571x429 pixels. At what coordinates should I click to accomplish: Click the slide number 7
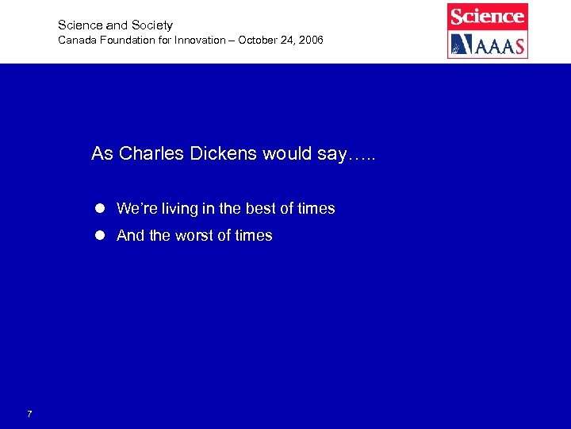point(29,414)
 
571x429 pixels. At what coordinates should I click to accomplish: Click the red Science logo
point(487,16)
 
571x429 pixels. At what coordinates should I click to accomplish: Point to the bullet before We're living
point(100,209)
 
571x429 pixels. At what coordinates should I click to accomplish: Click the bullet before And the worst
point(100,236)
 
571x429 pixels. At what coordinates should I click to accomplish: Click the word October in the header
point(255,40)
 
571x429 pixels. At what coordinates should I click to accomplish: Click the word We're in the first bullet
point(136,209)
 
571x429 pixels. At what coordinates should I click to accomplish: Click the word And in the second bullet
point(129,236)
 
